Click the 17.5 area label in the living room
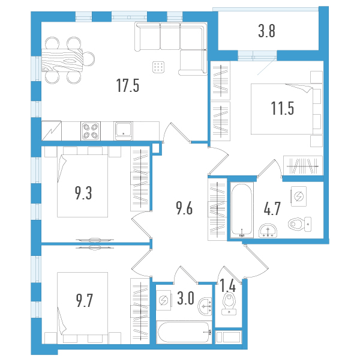(128, 86)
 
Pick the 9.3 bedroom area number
(83, 193)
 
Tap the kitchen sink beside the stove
(124, 130)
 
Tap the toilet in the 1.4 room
(229, 303)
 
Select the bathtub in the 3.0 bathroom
(184, 331)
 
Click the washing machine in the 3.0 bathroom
(163, 302)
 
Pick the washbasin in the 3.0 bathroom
(205, 306)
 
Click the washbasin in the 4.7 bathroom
(267, 229)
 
